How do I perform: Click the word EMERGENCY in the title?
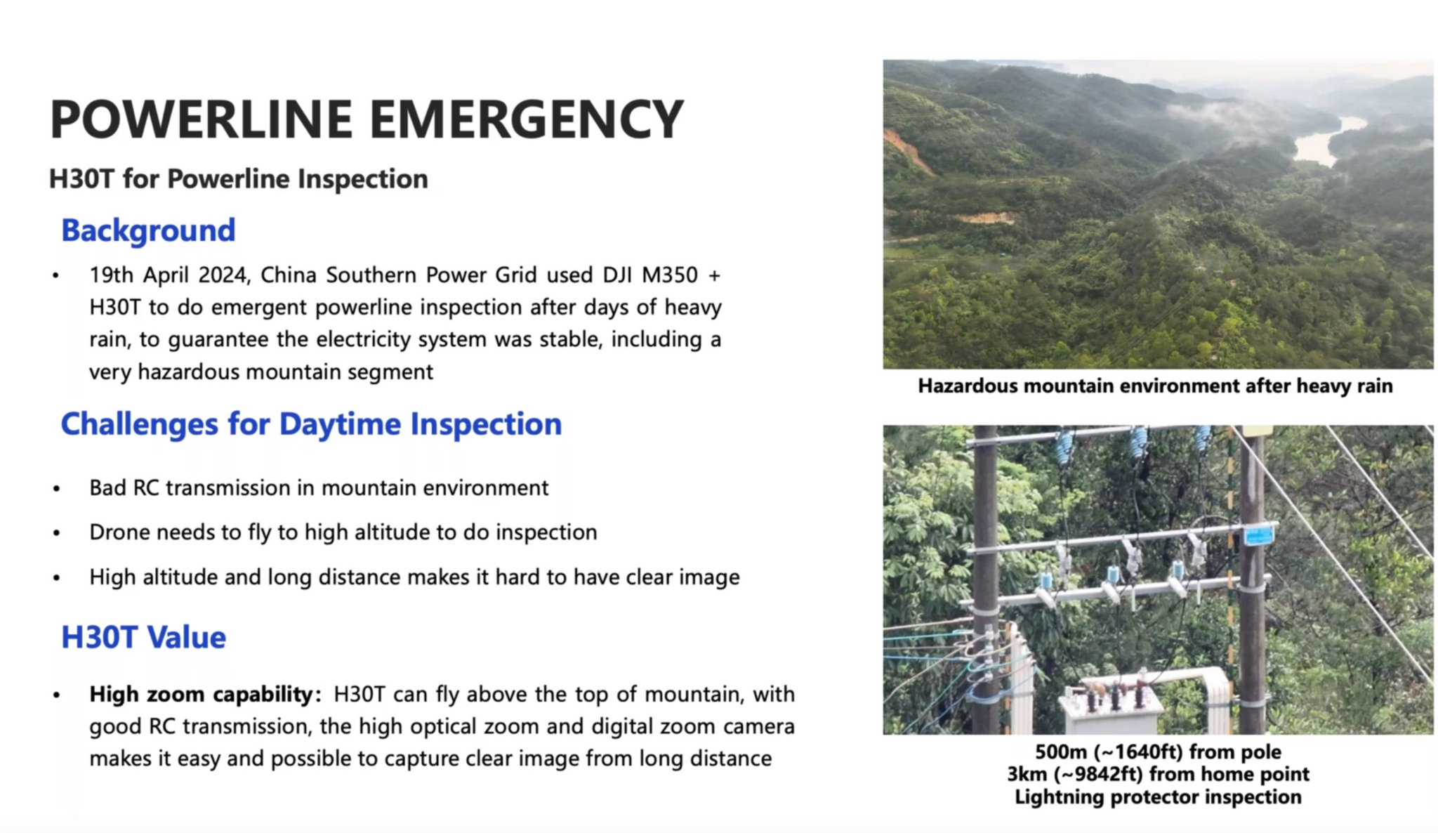pyautogui.click(x=526, y=119)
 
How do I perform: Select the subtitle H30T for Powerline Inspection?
pyautogui.click(x=238, y=179)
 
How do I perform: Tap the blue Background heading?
pyautogui.click(x=148, y=230)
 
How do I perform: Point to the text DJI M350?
pyautogui.click(x=650, y=275)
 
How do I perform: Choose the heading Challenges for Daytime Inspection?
pyautogui.click(x=311, y=424)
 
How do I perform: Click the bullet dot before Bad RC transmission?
pyautogui.click(x=56, y=489)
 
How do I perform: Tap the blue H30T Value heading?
pyautogui.click(x=143, y=638)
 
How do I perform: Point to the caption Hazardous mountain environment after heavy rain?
pyautogui.click(x=1155, y=386)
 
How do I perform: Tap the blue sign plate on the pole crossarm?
pyautogui.click(x=1259, y=535)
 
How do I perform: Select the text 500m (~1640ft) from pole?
pyautogui.click(x=1158, y=752)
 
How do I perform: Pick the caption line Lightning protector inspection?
pyautogui.click(x=1158, y=797)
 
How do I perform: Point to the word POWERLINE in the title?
pyautogui.click(x=201, y=119)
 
